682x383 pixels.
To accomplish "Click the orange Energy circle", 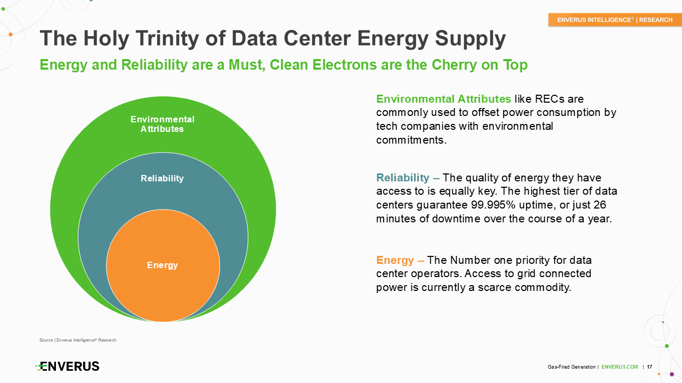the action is pyautogui.click(x=163, y=265).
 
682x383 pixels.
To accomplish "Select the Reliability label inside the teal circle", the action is pyautogui.click(x=163, y=178).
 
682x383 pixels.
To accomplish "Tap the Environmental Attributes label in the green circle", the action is pyautogui.click(x=163, y=124).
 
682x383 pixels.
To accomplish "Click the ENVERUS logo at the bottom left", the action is pyautogui.click(x=67, y=367).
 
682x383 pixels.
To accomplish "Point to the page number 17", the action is pyautogui.click(x=649, y=367).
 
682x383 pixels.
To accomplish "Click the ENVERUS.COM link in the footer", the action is pyautogui.click(x=620, y=367).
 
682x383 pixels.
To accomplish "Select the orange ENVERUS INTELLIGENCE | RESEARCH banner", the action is pyautogui.click(x=615, y=20).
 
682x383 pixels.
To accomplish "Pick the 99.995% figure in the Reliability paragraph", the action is pyautogui.click(x=493, y=205).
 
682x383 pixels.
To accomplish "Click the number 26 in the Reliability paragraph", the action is pyautogui.click(x=599, y=205).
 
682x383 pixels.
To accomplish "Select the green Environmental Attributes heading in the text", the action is pyautogui.click(x=444, y=99).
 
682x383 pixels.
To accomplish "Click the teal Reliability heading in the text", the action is pyautogui.click(x=403, y=178).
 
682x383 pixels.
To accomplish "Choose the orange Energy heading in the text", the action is pyautogui.click(x=395, y=260).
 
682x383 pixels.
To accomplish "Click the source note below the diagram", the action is pyautogui.click(x=78, y=340).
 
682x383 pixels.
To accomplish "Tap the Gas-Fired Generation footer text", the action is pyautogui.click(x=572, y=367).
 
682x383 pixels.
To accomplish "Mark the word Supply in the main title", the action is pyautogui.click(x=470, y=39).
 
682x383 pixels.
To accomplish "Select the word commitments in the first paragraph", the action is pyautogui.click(x=411, y=140).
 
